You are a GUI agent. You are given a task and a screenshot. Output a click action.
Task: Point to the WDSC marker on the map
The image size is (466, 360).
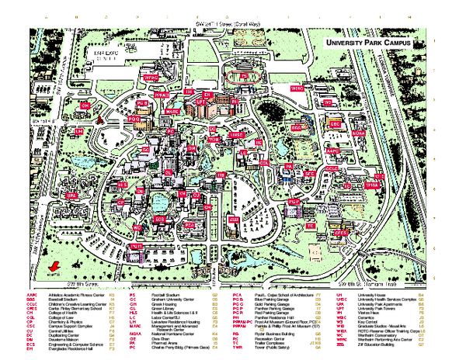[x=297, y=89]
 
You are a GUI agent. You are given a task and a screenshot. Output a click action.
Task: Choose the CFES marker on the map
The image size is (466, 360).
[x=339, y=232]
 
